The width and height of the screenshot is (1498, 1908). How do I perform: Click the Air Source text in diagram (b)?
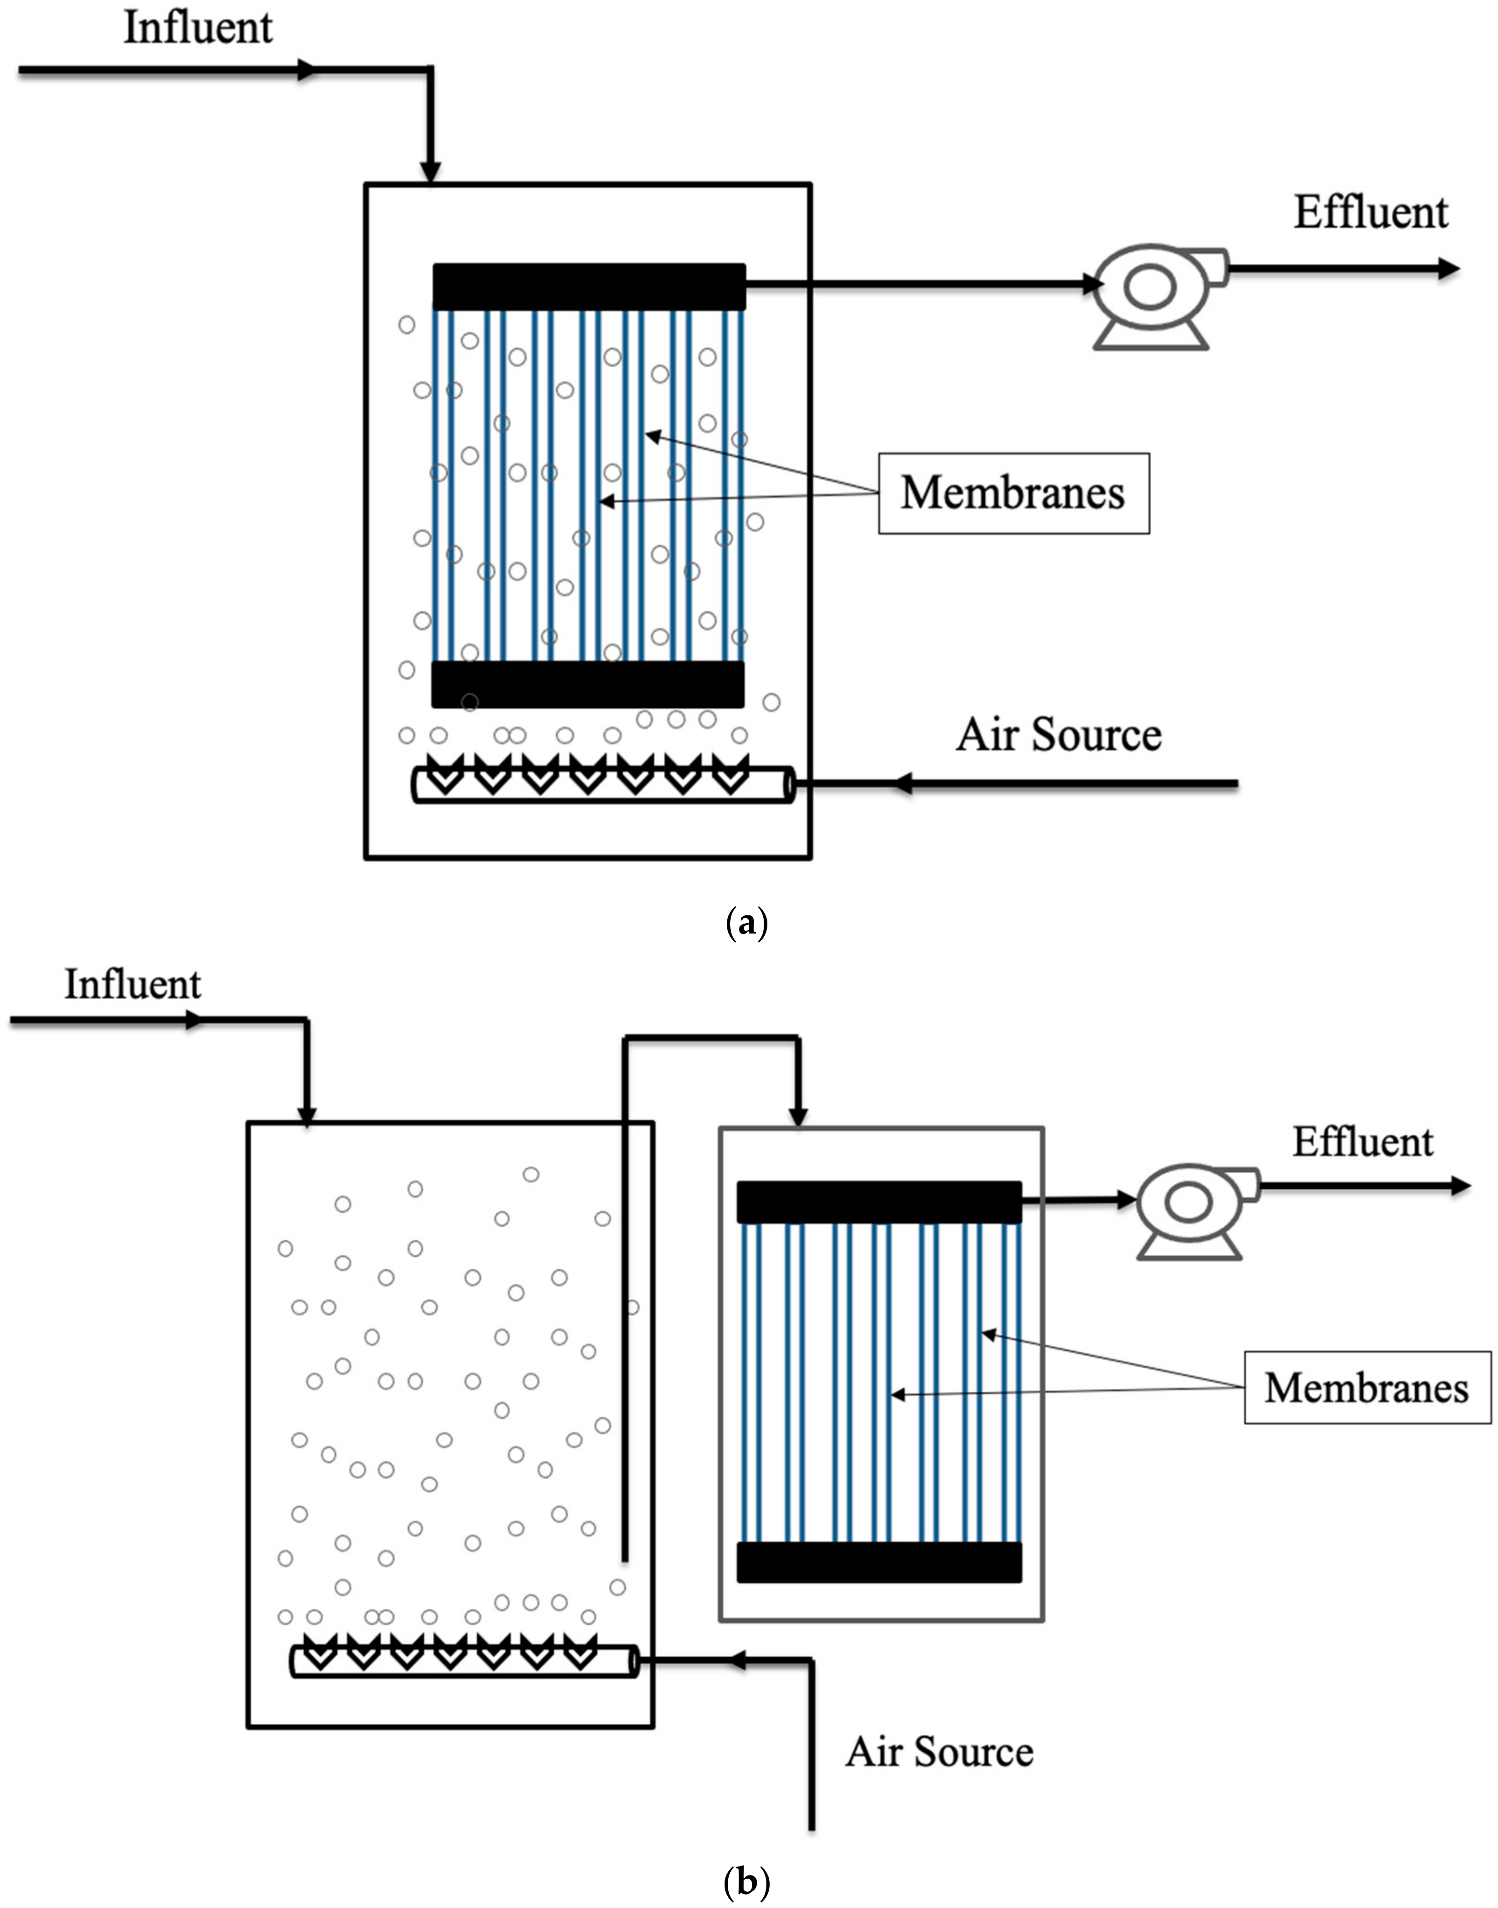tap(939, 1752)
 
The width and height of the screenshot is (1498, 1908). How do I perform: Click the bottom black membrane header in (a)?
tap(588, 684)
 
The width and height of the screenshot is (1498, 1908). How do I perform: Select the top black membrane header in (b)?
tap(879, 1202)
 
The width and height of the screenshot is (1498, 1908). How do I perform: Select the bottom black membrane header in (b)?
tap(879, 1563)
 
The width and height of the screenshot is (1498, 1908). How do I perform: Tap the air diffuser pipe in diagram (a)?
tap(604, 784)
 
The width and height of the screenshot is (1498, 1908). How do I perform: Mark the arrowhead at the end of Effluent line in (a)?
tap(1448, 269)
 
